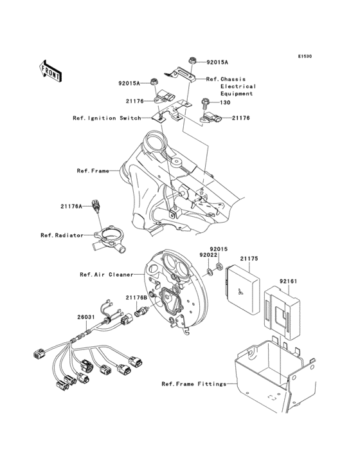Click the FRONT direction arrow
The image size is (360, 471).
point(51,70)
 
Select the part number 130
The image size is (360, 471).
point(225,102)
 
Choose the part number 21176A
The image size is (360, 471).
point(71,206)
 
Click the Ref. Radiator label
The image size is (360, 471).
point(62,235)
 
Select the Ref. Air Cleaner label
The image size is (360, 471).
point(106,274)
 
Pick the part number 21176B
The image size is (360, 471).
point(136,297)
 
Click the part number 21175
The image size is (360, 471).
point(249,259)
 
